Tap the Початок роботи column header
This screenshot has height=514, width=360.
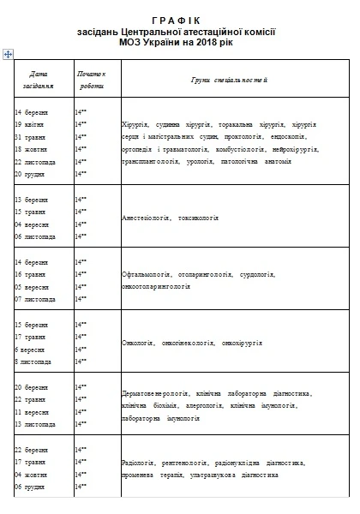click(x=91, y=80)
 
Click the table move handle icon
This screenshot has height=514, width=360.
click(x=8, y=53)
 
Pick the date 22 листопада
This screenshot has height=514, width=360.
click(x=35, y=160)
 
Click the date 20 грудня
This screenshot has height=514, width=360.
click(x=31, y=173)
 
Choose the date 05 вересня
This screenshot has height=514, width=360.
click(x=33, y=287)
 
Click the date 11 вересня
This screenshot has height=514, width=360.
click(x=33, y=412)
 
